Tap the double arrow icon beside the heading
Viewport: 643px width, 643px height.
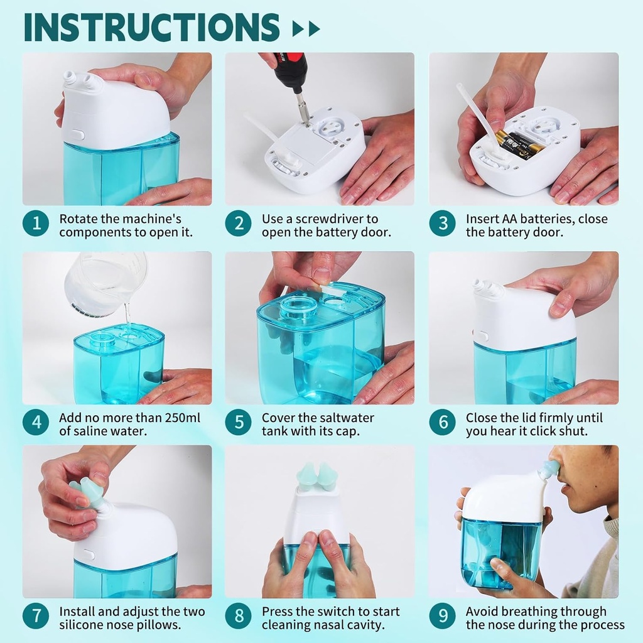[x=306, y=28]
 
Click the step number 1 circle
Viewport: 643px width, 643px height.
[x=36, y=224]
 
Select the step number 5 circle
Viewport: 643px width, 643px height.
[x=239, y=423]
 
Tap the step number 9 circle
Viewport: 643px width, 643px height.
[x=442, y=617]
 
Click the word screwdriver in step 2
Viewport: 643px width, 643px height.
[x=339, y=219]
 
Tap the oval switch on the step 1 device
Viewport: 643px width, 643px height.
[x=77, y=134]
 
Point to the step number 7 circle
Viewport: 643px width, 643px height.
[x=36, y=617]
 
